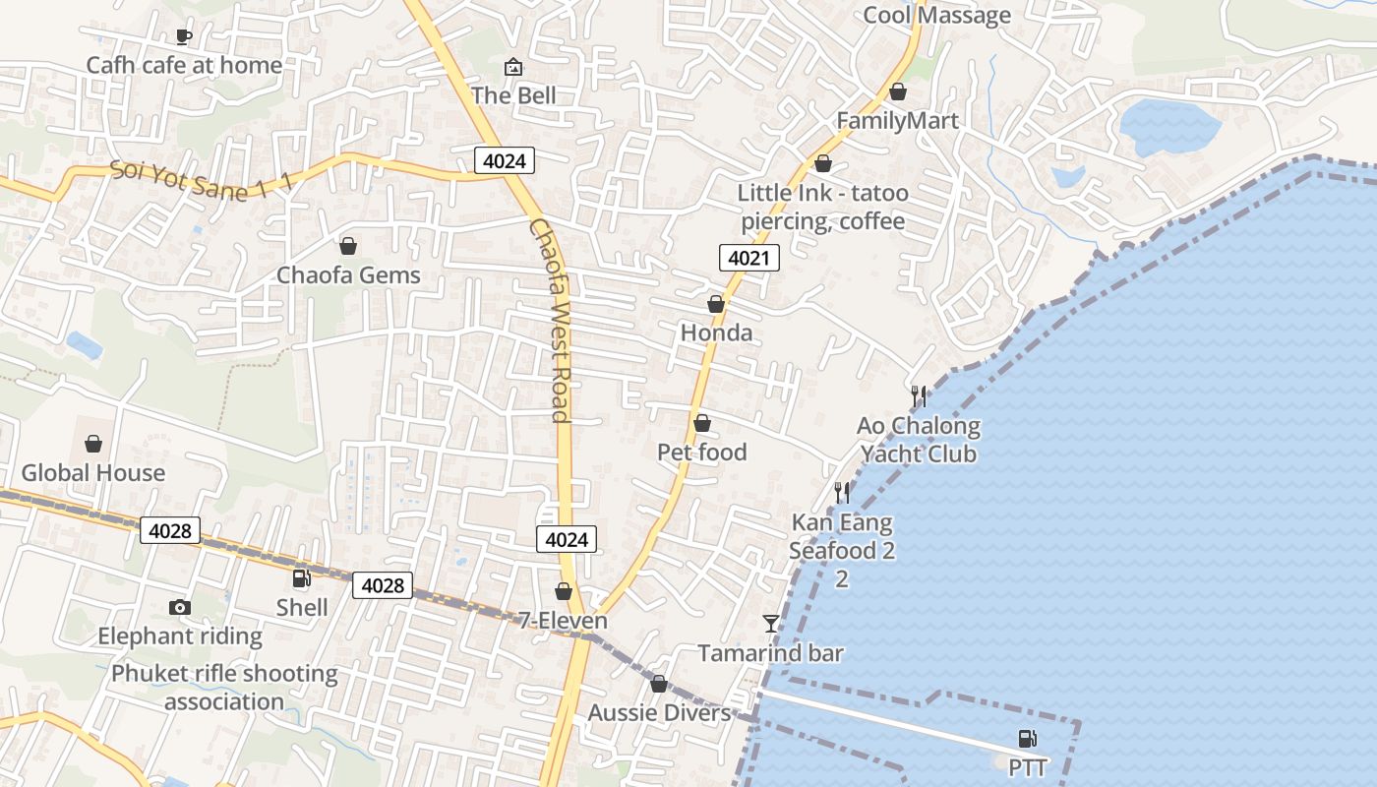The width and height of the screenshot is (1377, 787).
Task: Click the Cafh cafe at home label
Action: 184,66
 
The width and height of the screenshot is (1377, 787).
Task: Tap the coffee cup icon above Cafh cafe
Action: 183,36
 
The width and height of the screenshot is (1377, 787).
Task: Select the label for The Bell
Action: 513,95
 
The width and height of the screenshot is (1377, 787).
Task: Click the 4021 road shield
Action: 748,259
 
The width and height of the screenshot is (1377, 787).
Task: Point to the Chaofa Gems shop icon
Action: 347,245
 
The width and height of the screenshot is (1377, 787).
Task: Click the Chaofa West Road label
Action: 550,320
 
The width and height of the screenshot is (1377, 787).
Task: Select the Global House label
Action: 93,473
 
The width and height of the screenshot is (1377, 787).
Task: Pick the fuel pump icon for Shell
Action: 302,578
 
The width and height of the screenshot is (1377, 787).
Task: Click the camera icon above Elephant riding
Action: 180,607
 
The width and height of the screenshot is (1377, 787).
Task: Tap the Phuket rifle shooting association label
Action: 224,688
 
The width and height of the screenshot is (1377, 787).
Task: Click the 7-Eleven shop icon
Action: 564,591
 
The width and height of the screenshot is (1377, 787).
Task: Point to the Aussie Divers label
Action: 660,713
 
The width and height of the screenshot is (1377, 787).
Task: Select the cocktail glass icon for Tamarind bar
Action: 771,624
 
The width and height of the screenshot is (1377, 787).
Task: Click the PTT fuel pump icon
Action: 1028,738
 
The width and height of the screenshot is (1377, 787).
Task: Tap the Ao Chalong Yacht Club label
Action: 919,440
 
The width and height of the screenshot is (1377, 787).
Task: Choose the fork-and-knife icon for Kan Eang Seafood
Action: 842,493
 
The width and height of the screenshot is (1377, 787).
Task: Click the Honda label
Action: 716,333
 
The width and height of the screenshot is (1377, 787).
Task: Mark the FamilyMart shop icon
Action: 898,91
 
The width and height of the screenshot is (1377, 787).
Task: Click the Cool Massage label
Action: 936,16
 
